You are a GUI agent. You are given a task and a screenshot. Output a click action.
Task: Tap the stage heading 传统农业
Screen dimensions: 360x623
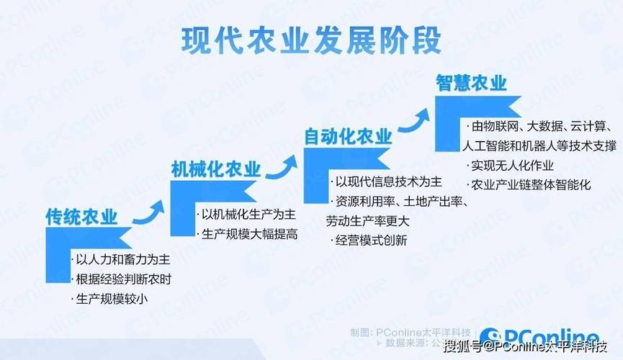coord(81,217)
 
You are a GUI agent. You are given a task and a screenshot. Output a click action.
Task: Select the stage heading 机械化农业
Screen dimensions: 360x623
coord(215,170)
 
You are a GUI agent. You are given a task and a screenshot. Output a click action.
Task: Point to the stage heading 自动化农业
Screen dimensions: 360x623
coord(348,136)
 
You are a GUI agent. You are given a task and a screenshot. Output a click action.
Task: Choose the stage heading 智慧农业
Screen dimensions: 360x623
coord(471,83)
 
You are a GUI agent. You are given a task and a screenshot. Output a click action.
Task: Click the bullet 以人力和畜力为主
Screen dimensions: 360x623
coord(123,259)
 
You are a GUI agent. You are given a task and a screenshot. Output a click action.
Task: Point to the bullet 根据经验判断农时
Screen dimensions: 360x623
coord(123,279)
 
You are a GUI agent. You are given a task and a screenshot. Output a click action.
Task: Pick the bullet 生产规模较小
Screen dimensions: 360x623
coord(112,298)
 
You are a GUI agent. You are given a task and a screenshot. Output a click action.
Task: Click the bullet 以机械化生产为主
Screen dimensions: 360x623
coord(248,215)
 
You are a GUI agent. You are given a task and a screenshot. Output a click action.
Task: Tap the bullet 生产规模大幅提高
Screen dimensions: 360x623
coord(248,234)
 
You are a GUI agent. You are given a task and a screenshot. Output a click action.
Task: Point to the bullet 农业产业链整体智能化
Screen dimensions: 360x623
coord(531,184)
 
